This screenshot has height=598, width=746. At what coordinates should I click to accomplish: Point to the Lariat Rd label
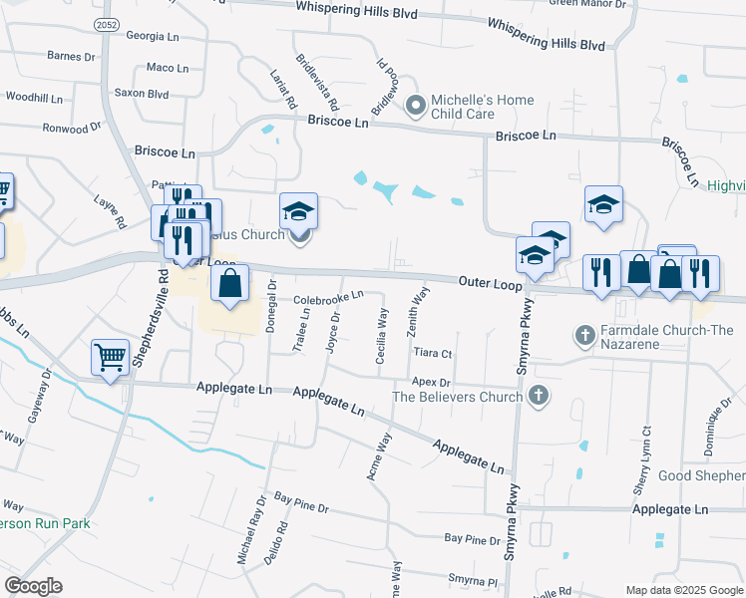tap(283, 88)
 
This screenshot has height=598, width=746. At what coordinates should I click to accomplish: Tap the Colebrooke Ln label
tap(327, 296)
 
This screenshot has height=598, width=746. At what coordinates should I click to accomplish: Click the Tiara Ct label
tap(432, 353)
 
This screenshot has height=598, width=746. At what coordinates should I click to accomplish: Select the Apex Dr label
tap(432, 382)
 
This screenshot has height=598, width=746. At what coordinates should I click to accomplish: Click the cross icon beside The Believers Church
tap(539, 396)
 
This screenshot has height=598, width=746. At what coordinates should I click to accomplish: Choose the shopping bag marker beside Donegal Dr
tap(230, 284)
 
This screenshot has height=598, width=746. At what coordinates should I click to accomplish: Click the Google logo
tap(33, 586)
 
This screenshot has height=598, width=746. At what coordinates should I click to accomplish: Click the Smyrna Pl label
tap(473, 579)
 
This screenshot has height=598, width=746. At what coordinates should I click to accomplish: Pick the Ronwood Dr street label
tap(73, 128)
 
